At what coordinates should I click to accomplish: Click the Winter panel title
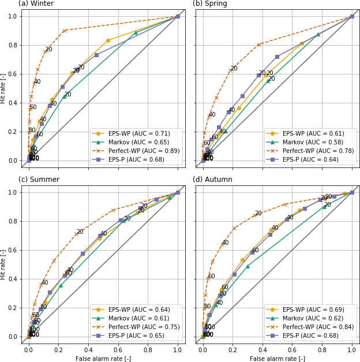[x=36, y=4]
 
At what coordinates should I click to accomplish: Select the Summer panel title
[x=39, y=180]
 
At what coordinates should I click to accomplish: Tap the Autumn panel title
[x=212, y=180]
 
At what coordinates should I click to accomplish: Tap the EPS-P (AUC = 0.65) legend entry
[x=134, y=335]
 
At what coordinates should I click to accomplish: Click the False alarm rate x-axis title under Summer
[x=103, y=359]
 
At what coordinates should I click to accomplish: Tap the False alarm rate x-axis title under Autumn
[x=277, y=359]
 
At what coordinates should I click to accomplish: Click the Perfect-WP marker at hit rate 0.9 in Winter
[x=65, y=31]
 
